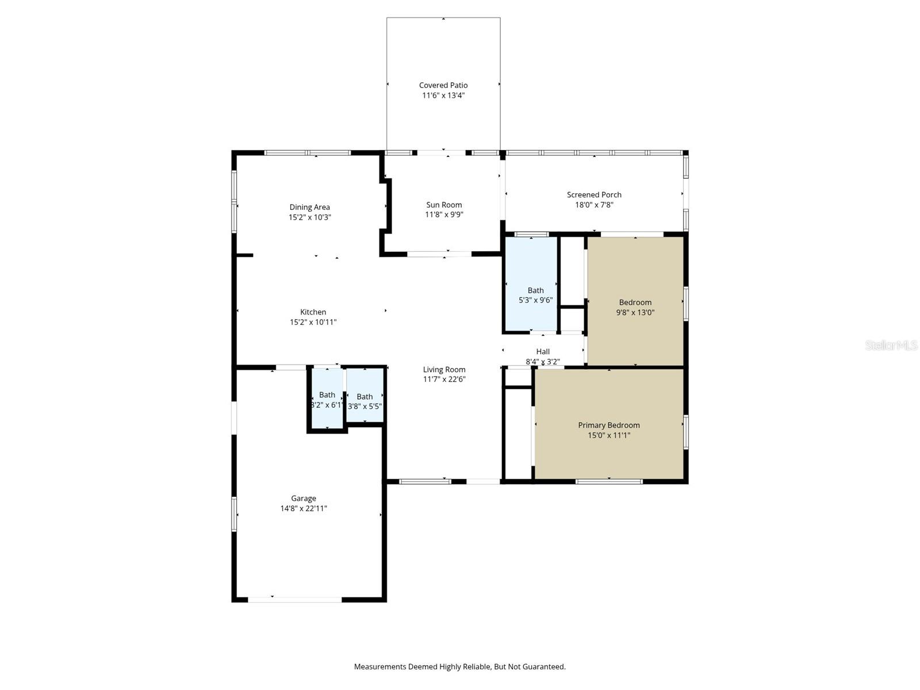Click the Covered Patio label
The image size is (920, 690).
pyautogui.click(x=443, y=85)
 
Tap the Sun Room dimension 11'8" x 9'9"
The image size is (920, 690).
pyautogui.click(x=444, y=214)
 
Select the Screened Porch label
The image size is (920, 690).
pyautogui.click(x=594, y=194)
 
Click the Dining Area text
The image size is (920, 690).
pyautogui.click(x=309, y=207)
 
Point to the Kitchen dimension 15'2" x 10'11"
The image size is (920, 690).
pyautogui.click(x=313, y=322)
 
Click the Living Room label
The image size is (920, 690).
pyautogui.click(x=444, y=369)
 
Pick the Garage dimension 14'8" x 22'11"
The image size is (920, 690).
pyautogui.click(x=304, y=508)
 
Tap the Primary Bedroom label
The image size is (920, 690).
pyautogui.click(x=608, y=425)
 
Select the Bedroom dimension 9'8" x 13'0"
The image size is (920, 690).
pyautogui.click(x=635, y=312)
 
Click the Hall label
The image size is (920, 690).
pyautogui.click(x=543, y=351)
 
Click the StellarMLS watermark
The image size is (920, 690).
pyautogui.click(x=891, y=345)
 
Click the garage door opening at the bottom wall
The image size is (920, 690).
pyautogui.click(x=295, y=600)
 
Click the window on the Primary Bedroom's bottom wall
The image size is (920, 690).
pyautogui.click(x=609, y=481)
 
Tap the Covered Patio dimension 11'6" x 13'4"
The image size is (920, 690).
pyautogui.click(x=443, y=95)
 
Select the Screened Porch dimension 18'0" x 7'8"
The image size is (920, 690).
pyautogui.click(x=594, y=205)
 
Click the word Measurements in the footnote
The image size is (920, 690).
pyautogui.click(x=379, y=667)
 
